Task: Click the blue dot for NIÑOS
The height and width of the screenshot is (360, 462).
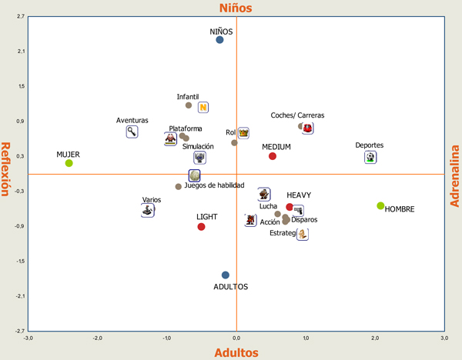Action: pos(219,40)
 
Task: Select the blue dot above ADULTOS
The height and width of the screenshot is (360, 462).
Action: pos(226,275)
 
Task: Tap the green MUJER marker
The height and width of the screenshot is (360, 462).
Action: pos(69,163)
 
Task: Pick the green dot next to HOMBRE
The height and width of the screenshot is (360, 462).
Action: pos(380,205)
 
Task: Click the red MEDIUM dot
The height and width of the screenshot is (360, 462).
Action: pos(273,156)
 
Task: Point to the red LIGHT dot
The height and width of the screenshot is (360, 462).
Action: pos(201,227)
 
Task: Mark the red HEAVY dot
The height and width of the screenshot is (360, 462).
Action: pos(290,207)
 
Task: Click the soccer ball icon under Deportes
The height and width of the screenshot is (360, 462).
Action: pos(370,157)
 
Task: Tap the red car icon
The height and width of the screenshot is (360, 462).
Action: pos(307,128)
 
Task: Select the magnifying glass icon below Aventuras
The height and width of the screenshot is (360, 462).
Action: pos(132,132)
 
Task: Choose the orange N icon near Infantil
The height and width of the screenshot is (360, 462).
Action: pos(203,108)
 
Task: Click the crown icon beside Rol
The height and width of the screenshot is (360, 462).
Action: pos(243,133)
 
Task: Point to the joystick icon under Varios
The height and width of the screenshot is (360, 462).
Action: pos(147,211)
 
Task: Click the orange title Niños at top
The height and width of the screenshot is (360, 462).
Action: pos(236,8)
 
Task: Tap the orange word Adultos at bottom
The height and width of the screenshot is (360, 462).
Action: pos(236,352)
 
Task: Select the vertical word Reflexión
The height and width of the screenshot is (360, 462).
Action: pos(5,169)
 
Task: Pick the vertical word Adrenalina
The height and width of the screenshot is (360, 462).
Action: pos(454,176)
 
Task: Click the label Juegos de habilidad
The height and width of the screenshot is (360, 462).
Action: pos(214,185)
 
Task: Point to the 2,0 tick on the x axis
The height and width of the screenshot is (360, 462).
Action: pos(375,338)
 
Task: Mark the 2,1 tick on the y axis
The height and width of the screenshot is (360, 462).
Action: pos(21,52)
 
